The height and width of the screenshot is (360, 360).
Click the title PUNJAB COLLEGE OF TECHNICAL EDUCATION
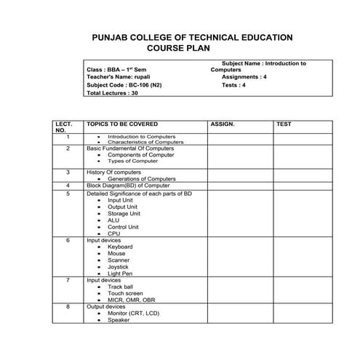(192, 37)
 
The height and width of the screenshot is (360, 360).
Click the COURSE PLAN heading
(177, 48)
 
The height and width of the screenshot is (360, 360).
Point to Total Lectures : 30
(112, 93)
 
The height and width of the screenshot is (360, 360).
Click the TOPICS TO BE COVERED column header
(121, 124)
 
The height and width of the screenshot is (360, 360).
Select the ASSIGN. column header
(223, 124)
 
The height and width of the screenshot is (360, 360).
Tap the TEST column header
(284, 124)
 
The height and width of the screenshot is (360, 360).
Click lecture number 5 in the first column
(68, 194)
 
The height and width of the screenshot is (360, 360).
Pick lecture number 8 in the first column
(68, 307)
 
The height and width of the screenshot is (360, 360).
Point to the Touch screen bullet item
(125, 293)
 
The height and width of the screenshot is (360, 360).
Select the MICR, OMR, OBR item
(131, 300)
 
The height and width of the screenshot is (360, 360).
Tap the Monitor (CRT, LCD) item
(133, 313)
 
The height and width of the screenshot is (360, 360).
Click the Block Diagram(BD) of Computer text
(128, 185)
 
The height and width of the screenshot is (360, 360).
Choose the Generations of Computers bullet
(141, 178)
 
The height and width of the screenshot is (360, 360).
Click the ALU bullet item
(113, 220)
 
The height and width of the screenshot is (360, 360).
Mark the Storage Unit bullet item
(124, 213)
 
